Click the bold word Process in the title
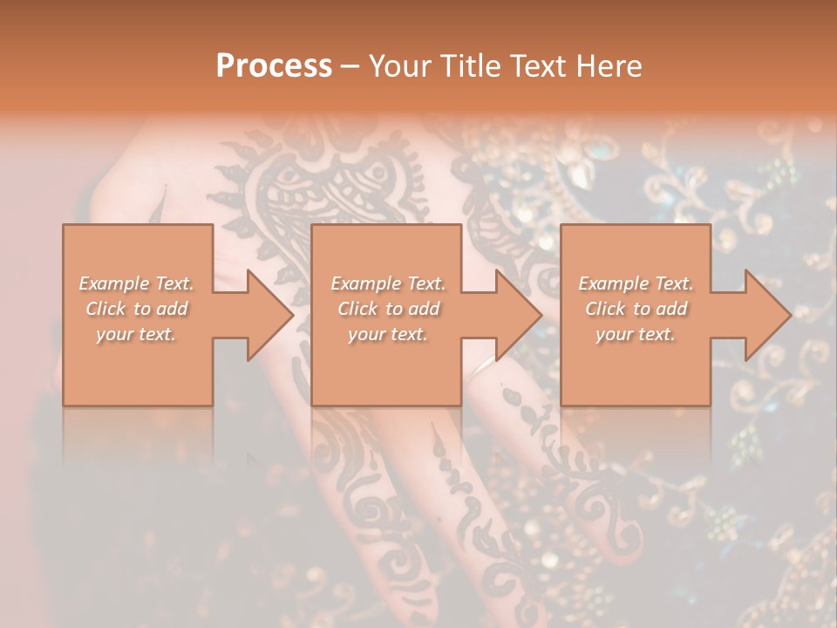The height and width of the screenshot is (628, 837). tap(274, 66)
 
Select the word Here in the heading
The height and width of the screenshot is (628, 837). tap(608, 66)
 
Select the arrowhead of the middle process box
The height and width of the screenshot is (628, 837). tap(517, 315)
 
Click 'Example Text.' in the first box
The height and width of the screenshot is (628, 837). tap(136, 283)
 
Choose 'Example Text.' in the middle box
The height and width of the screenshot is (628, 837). tap(388, 283)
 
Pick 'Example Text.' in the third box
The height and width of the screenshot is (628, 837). tap(636, 283)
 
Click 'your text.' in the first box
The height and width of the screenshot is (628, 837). tap(136, 334)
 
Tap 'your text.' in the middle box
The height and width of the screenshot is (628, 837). tap(388, 334)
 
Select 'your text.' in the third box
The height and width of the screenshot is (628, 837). tap(636, 334)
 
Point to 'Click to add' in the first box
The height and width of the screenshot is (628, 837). tap(136, 309)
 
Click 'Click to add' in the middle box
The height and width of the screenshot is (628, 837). tap(388, 309)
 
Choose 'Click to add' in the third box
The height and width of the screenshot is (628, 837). tap(636, 309)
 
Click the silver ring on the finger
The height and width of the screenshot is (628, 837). tap(478, 369)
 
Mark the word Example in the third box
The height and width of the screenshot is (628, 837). tap(614, 283)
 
